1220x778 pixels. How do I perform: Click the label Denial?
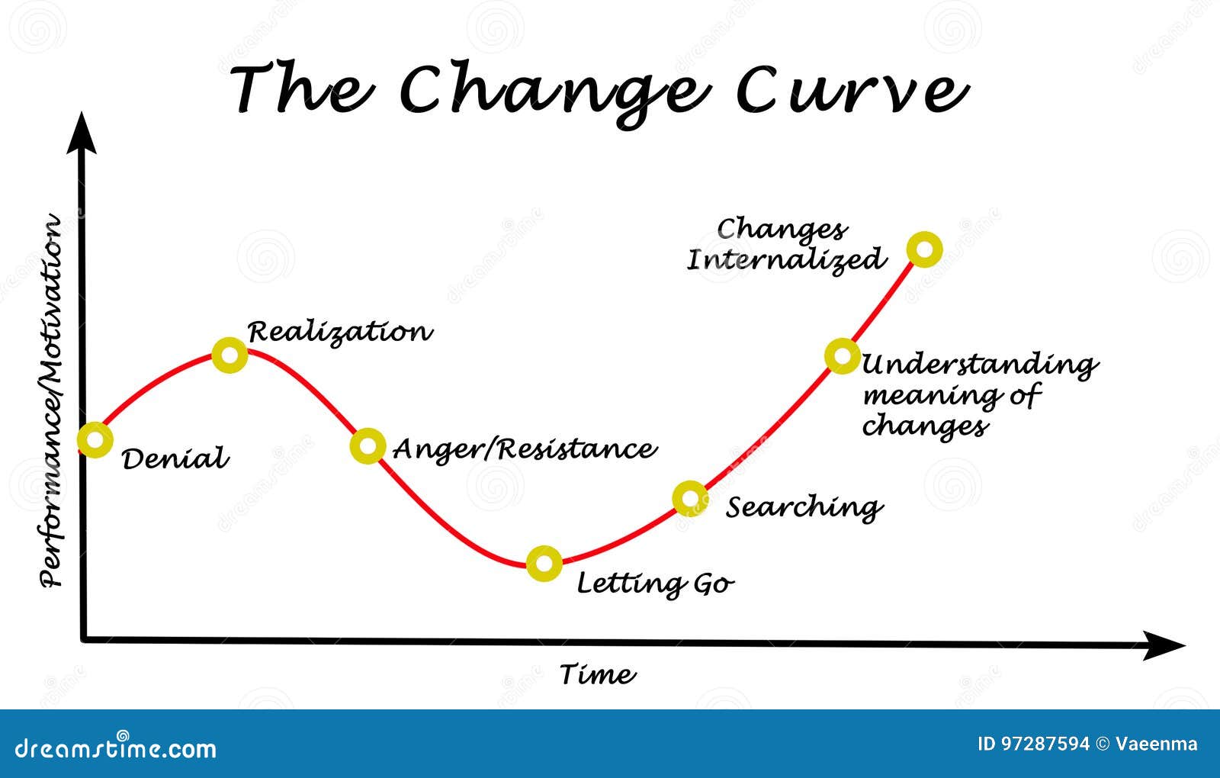[175, 458]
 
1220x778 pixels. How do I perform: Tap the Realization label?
[340, 333]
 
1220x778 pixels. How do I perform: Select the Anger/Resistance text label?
[525, 450]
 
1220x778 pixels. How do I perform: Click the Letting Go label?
[656, 584]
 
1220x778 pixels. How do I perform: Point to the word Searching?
[804, 508]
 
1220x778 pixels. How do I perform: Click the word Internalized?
[786, 260]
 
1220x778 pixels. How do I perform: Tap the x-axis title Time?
[598, 674]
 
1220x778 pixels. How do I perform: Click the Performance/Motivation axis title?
[50, 400]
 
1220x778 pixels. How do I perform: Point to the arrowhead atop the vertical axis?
[82, 133]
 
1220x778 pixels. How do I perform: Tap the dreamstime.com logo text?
[115, 748]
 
